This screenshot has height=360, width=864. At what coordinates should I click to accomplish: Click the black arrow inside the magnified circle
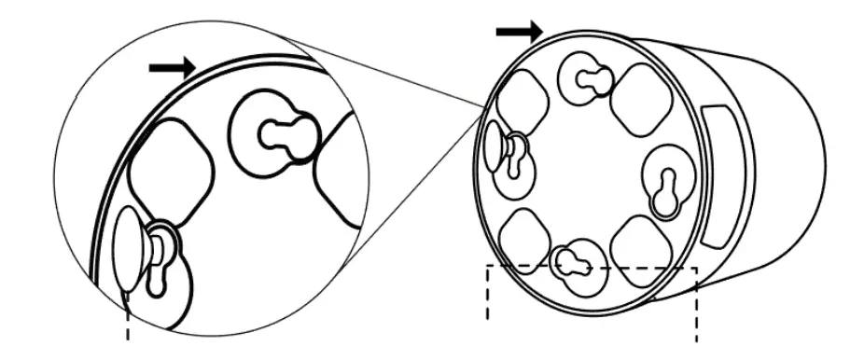point(172,67)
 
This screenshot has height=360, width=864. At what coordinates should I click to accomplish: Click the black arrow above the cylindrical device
point(518,32)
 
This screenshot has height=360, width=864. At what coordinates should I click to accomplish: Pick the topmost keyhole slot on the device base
point(585,78)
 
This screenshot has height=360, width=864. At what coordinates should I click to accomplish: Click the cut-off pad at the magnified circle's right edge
point(341,168)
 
